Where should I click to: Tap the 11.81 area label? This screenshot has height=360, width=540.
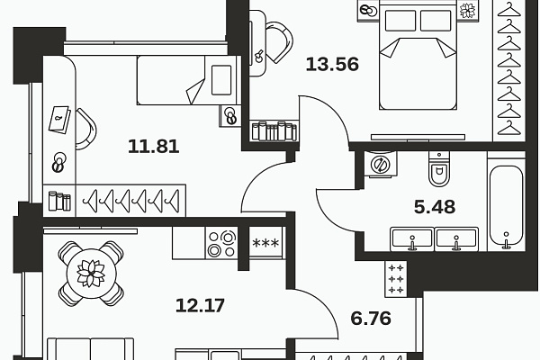[x=152, y=146]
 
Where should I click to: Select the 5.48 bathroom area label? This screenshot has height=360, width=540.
[x=434, y=206]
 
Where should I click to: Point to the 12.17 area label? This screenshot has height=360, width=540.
[x=200, y=304]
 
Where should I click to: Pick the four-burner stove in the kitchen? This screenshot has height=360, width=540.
[x=220, y=241]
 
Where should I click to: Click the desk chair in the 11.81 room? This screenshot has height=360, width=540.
[x=86, y=129]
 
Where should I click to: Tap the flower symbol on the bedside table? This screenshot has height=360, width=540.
[x=467, y=12]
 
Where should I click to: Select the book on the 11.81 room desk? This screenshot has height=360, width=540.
[x=60, y=118]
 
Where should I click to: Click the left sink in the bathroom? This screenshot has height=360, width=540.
[x=411, y=238]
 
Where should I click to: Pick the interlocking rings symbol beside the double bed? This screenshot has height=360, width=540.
[x=367, y=11]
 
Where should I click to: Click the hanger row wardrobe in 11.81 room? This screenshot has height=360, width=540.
[x=130, y=200]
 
